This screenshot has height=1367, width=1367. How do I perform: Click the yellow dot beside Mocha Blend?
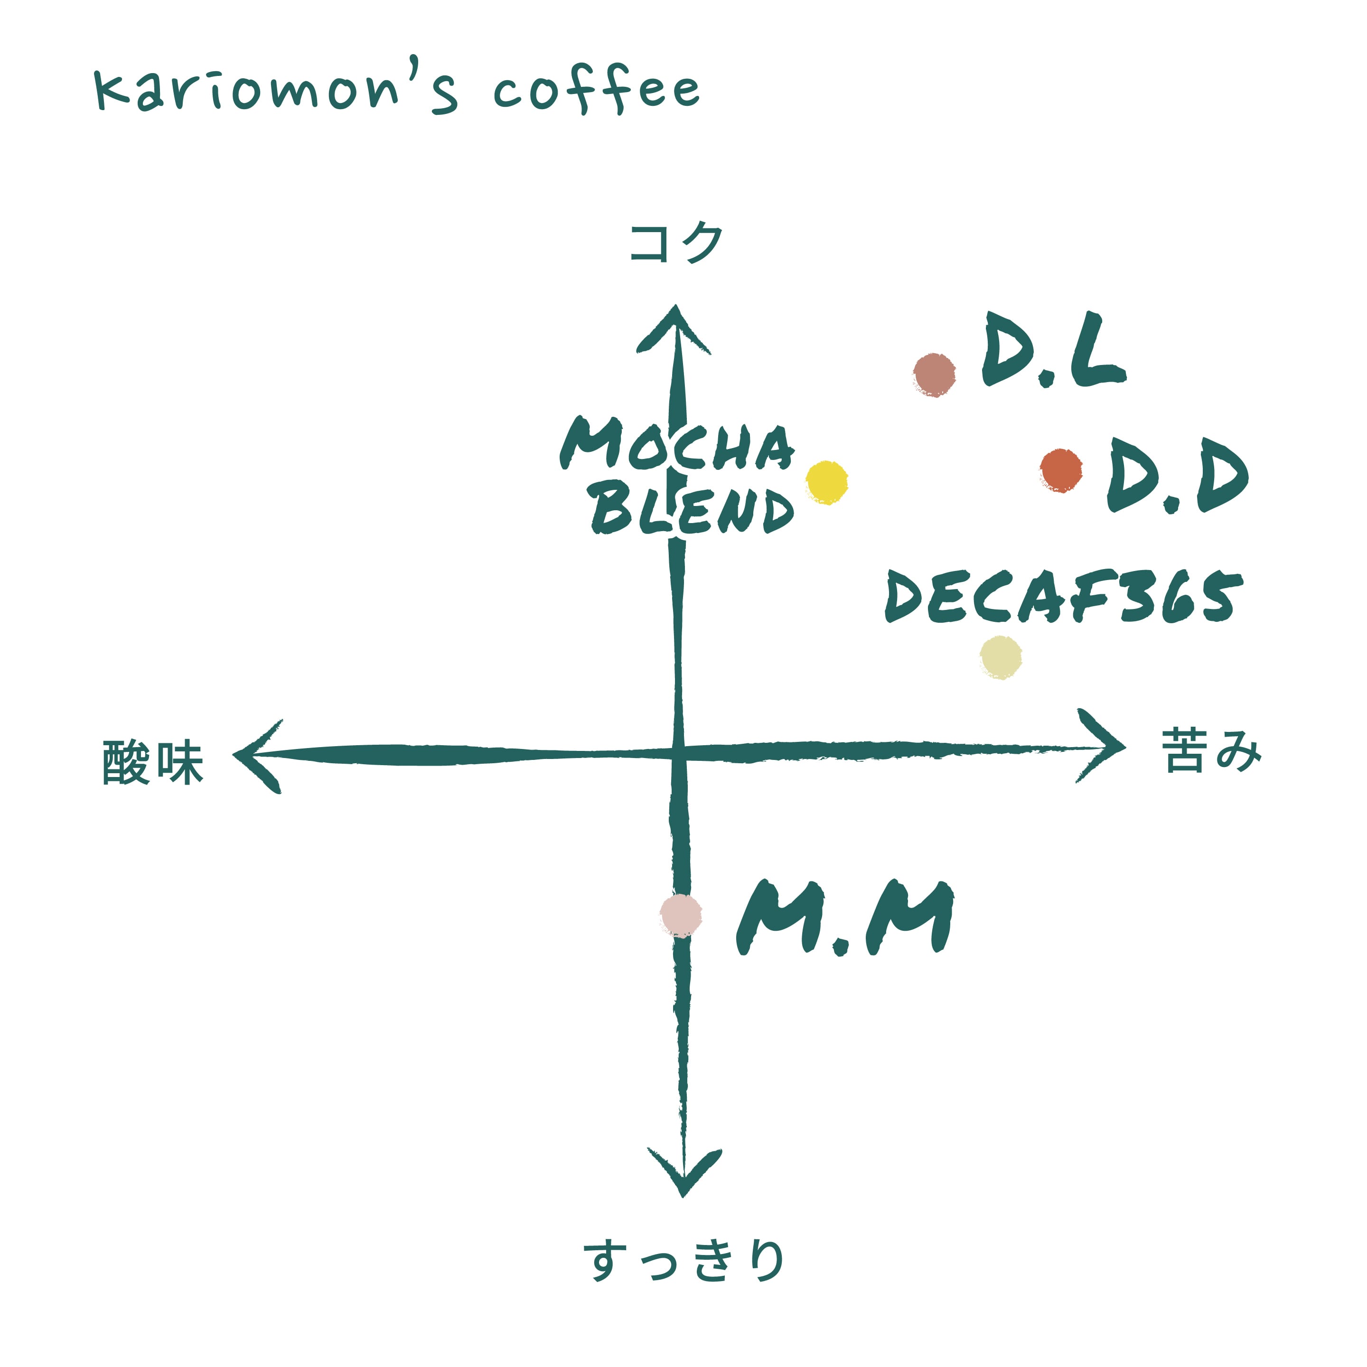click(x=826, y=483)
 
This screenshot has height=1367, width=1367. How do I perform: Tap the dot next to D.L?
click(x=934, y=375)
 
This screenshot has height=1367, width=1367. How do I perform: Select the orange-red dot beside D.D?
click(x=1061, y=470)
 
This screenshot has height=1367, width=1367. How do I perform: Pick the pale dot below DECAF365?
click(x=1001, y=656)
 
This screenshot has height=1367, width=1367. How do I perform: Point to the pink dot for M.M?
click(x=681, y=916)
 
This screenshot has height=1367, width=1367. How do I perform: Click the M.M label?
click(x=845, y=918)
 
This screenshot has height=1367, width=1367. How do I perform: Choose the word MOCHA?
click(x=677, y=445)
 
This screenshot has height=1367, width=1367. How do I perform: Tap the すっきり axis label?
click(x=683, y=1260)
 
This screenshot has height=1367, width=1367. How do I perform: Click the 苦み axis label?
click(x=1211, y=751)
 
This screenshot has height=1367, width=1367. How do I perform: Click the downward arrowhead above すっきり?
click(x=683, y=1175)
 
